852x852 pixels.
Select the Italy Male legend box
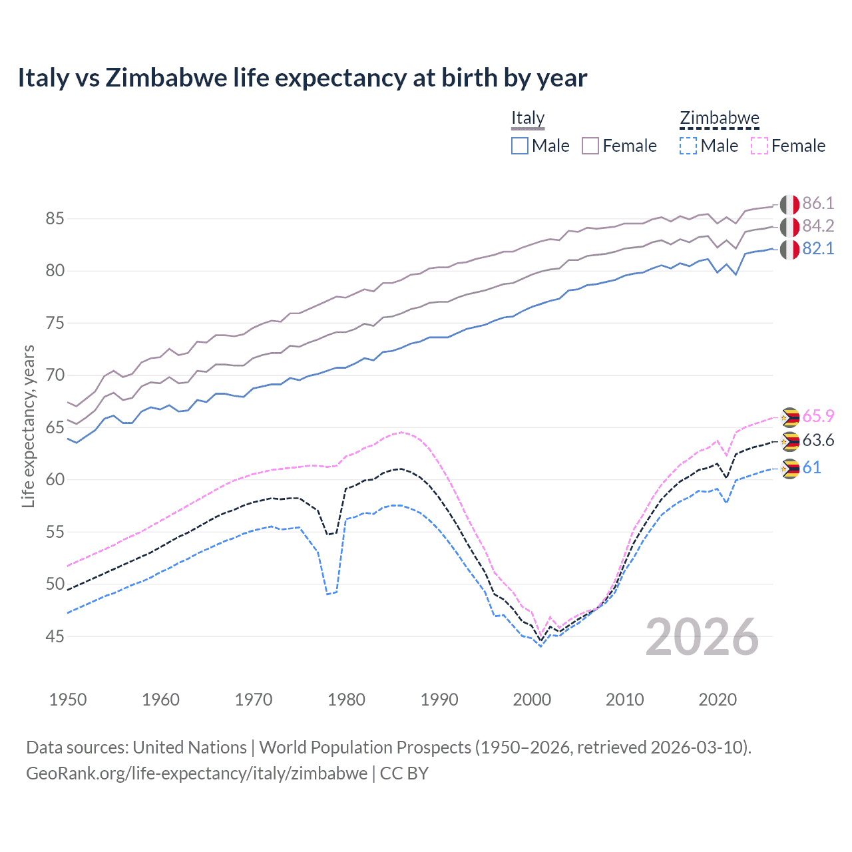click(x=520, y=146)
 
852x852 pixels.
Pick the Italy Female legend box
click(x=591, y=146)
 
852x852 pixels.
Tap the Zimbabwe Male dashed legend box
click(x=688, y=146)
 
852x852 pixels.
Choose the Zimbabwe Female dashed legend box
click(x=759, y=146)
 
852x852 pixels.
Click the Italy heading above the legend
click(x=528, y=118)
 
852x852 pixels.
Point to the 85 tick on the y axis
click(x=55, y=219)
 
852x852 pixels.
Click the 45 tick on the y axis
click(x=55, y=637)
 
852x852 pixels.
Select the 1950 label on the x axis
click(x=68, y=700)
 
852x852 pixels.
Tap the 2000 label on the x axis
click(x=532, y=700)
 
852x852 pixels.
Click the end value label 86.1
click(x=818, y=204)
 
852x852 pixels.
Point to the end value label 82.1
click(x=818, y=249)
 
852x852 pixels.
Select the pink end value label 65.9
click(x=818, y=417)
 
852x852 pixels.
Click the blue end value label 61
click(x=811, y=468)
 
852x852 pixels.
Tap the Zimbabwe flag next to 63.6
click(x=789, y=441)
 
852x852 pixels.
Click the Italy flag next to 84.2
click(x=789, y=227)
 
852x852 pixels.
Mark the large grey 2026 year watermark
click(x=702, y=637)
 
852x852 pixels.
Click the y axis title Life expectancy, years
click(x=29, y=426)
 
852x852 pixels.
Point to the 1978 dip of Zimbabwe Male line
click(x=328, y=594)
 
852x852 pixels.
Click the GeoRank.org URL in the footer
click(x=197, y=773)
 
